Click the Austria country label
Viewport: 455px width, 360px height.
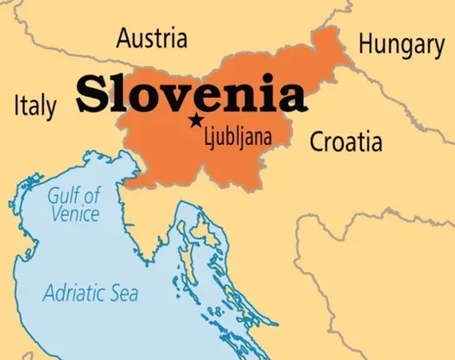pos(151,39)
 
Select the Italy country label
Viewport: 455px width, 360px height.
pos(35,105)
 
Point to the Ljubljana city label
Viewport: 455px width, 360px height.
pos(236,136)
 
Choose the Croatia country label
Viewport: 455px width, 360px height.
pos(345,141)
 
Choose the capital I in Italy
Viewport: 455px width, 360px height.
pos(17,105)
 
